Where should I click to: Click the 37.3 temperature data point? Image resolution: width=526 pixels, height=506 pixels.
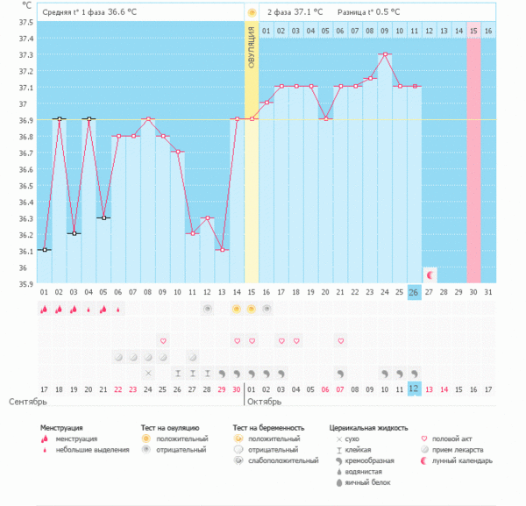point(385,53)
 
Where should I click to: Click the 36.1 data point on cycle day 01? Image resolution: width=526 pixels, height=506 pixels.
point(44,250)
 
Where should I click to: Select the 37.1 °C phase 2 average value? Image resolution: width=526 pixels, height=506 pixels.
point(308,12)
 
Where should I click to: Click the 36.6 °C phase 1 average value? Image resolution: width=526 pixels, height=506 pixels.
point(123,12)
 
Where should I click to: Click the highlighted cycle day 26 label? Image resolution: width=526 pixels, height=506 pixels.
point(414,292)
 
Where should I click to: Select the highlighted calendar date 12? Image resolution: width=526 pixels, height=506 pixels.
point(414,388)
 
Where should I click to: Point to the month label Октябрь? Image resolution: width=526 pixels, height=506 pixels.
point(264,402)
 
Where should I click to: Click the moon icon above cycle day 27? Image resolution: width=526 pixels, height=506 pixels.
point(429,275)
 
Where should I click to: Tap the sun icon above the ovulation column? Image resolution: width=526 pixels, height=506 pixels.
point(252,12)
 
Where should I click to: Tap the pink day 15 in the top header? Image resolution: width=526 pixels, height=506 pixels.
point(473,31)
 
